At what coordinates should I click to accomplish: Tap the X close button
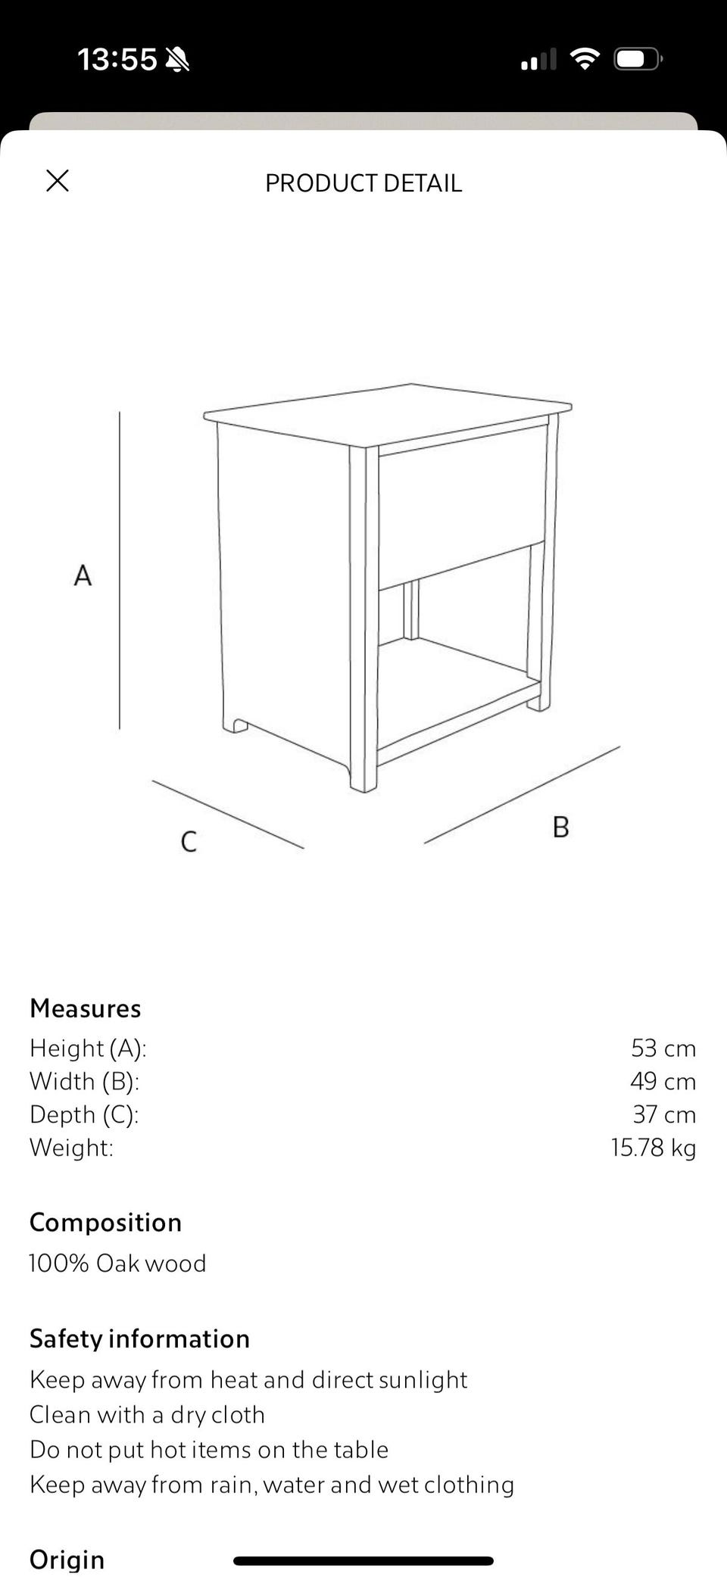point(58,181)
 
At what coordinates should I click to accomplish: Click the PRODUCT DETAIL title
point(363,183)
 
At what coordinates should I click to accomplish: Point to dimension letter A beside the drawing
point(83,575)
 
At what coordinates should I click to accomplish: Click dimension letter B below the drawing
point(560,827)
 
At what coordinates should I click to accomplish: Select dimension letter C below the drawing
point(189,841)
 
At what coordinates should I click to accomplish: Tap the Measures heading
point(86,1008)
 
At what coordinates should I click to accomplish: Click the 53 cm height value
point(663,1049)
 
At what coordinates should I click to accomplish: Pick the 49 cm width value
point(663,1081)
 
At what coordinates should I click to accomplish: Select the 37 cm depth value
point(663,1114)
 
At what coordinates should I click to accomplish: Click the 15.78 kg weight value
point(653,1148)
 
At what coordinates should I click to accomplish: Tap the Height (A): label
point(88,1049)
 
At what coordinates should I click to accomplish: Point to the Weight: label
point(71,1148)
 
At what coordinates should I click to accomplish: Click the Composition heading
point(105,1223)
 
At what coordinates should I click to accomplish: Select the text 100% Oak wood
point(117,1264)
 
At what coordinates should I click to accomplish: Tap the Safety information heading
point(139,1338)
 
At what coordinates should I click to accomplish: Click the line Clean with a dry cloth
point(147,1414)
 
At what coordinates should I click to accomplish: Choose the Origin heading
point(67,1560)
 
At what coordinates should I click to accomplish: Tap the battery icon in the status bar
point(638,59)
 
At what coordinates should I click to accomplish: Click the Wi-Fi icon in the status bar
point(584,59)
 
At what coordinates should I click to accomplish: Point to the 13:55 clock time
point(117,59)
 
